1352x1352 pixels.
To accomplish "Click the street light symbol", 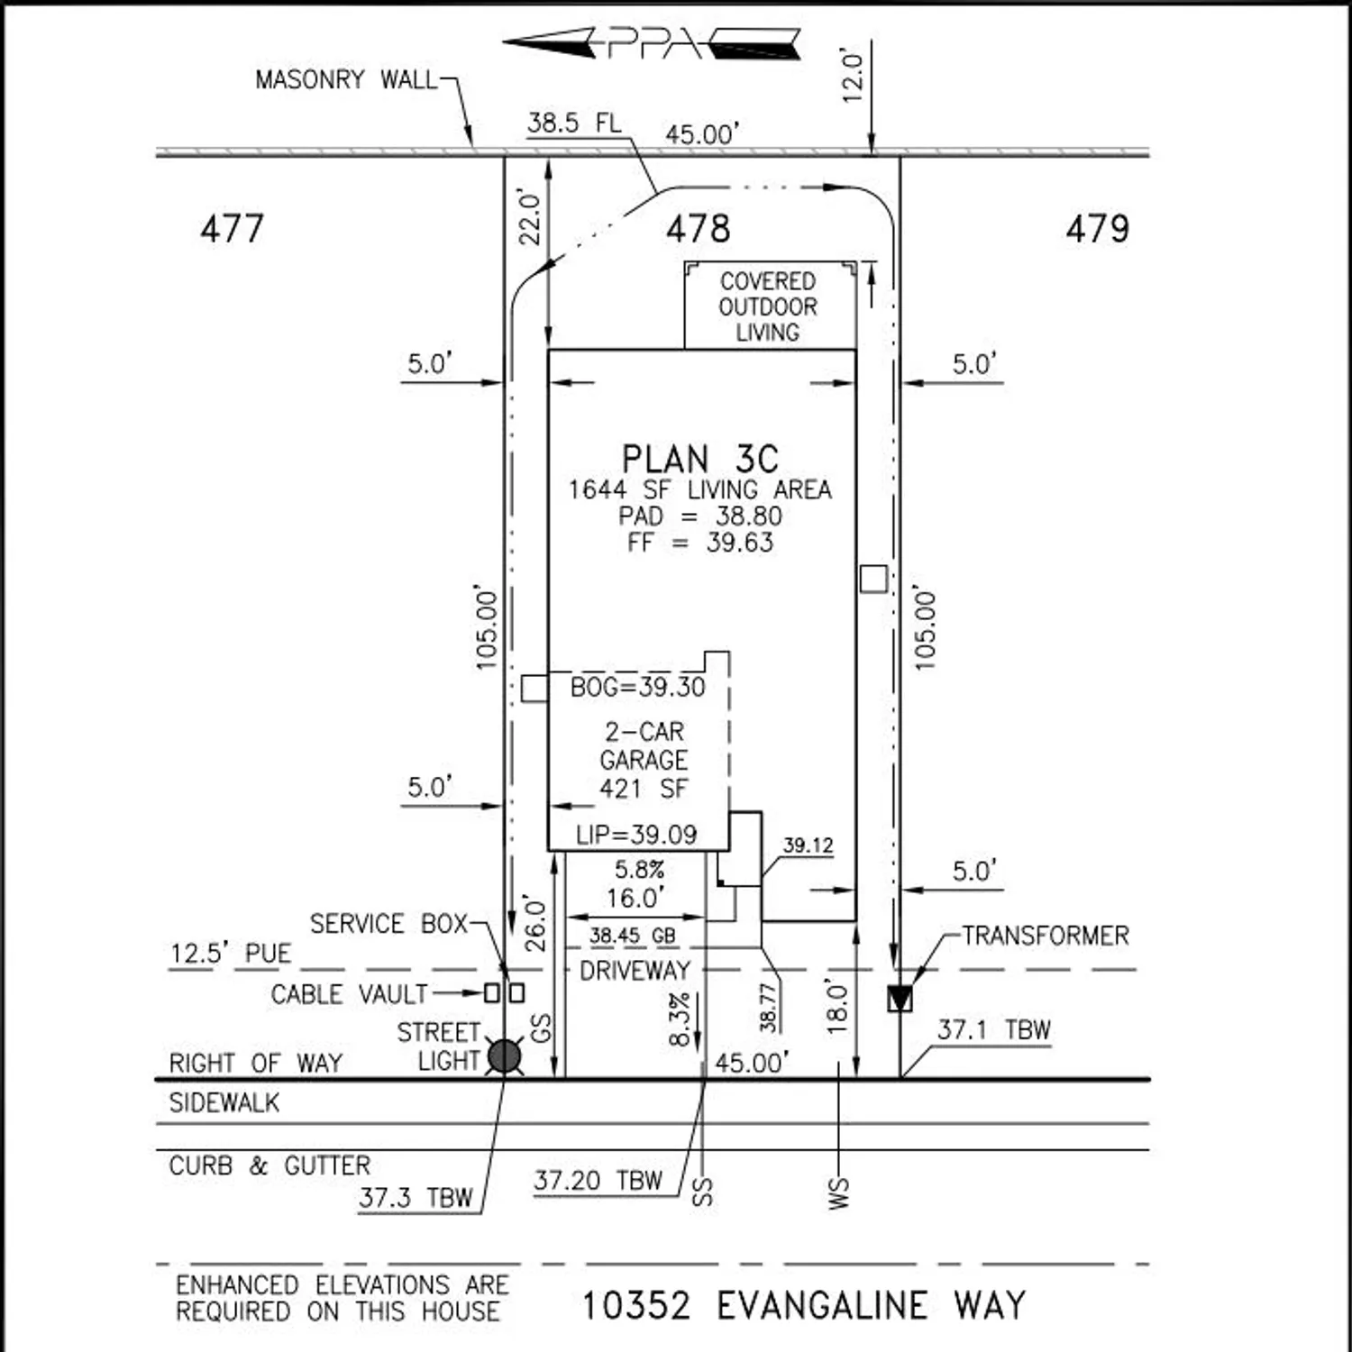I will (x=505, y=1056).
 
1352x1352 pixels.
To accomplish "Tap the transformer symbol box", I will (x=900, y=999).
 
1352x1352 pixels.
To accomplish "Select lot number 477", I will (x=232, y=228).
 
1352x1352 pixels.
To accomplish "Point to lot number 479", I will (x=1097, y=228).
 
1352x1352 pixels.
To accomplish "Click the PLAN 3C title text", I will (x=699, y=460).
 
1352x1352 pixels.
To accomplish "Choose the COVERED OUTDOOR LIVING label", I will (x=768, y=306).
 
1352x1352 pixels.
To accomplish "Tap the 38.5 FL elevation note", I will (x=574, y=123).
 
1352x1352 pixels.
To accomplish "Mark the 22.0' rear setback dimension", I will (x=530, y=217).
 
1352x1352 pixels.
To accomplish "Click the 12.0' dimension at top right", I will (x=853, y=77).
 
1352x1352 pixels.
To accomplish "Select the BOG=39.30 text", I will (x=637, y=688).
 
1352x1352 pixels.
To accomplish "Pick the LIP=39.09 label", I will (x=636, y=835).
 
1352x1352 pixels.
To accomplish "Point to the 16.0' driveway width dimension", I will (x=635, y=899).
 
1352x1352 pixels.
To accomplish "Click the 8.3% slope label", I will (x=680, y=1019).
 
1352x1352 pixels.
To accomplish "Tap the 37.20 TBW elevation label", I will (x=598, y=1181).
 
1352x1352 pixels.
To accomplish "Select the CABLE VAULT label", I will (x=349, y=994).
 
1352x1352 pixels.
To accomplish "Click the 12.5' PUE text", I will (x=231, y=954).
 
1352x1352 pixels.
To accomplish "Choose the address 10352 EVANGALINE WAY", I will (x=803, y=1306).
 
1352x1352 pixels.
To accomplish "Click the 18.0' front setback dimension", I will (x=837, y=1008).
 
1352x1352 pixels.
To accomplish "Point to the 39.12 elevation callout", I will (x=808, y=845).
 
